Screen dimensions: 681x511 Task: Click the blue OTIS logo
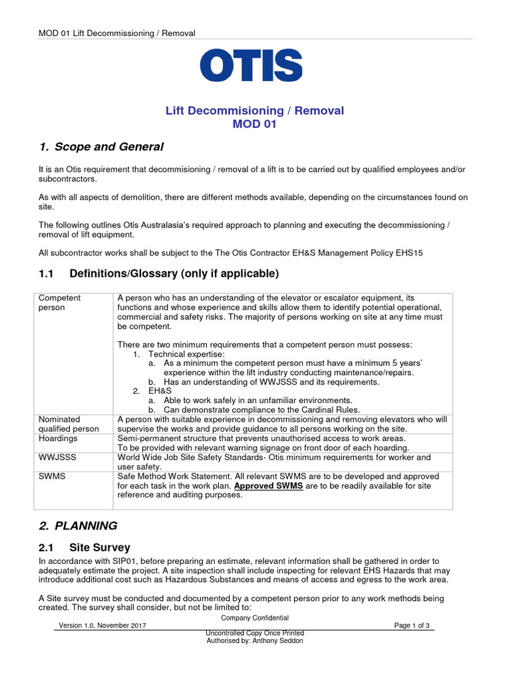(251, 65)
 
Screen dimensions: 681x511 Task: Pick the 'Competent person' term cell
(60, 303)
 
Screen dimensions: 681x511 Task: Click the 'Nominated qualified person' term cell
(69, 424)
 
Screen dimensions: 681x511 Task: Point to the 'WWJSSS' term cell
(57, 458)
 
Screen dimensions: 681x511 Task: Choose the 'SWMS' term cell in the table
(52, 476)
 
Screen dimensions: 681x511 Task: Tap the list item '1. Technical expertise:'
(179, 354)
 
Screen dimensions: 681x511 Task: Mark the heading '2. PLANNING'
(78, 525)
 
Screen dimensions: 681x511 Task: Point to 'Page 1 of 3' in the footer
(412, 626)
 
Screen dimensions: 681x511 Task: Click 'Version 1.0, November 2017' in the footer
(102, 626)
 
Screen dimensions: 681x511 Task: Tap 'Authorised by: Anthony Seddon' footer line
(255, 641)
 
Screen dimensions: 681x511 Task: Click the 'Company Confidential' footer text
(255, 618)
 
